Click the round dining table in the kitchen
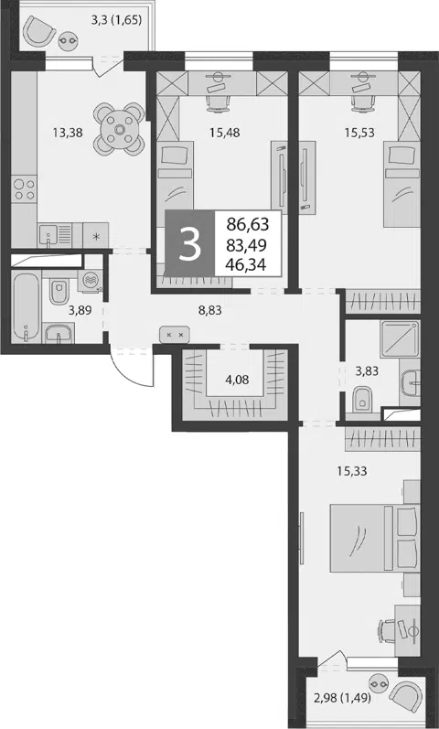coord(120,129)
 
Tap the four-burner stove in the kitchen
coord(24,189)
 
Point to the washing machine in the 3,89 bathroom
coord(89,281)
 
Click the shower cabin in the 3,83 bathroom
coord(400,339)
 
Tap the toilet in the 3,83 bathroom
coord(361,400)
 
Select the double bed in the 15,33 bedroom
coord(375,539)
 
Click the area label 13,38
coord(68,133)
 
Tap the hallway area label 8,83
coord(209,311)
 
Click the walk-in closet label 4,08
coord(237,380)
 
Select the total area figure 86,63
coord(248,225)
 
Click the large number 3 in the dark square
coord(189,245)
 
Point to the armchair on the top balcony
coord(39,30)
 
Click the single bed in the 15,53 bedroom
coord(402,185)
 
